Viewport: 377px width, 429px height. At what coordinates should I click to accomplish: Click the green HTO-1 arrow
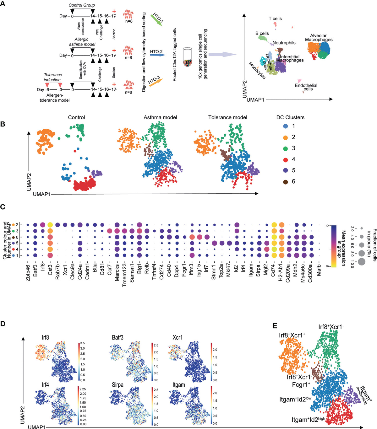(x=157, y=19)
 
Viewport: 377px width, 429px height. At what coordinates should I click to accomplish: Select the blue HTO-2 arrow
(x=157, y=55)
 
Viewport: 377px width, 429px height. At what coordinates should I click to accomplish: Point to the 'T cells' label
(x=275, y=19)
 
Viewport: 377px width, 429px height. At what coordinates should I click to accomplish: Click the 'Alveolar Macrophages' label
(x=319, y=38)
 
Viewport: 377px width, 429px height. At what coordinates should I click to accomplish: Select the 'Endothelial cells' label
(x=306, y=87)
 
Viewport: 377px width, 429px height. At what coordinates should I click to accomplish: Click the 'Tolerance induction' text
(x=52, y=77)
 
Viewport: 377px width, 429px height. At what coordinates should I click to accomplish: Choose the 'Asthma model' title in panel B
(x=160, y=117)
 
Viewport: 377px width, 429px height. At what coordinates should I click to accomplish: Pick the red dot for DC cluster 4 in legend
(x=285, y=159)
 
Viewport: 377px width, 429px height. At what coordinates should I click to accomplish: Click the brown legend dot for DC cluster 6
(x=285, y=181)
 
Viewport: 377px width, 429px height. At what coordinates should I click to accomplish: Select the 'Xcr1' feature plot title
(x=178, y=338)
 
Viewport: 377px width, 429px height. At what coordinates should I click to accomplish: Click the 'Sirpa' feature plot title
(x=117, y=385)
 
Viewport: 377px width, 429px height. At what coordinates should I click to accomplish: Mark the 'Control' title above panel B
(x=76, y=117)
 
